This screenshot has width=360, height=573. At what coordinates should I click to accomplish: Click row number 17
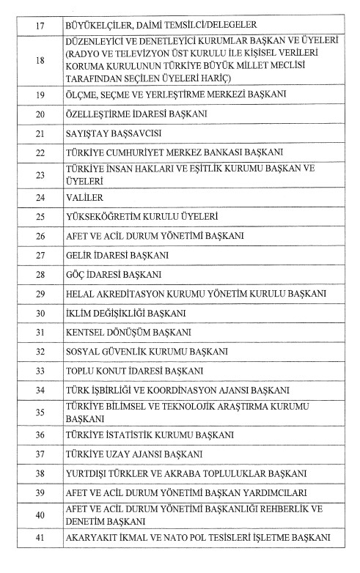pyautogui.click(x=40, y=26)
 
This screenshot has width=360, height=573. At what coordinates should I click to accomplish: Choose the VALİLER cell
pyautogui.click(x=83, y=197)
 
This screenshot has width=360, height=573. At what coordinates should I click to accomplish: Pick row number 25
pyautogui.click(x=40, y=217)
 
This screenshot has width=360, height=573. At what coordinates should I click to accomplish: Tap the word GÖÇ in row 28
pyautogui.click(x=77, y=275)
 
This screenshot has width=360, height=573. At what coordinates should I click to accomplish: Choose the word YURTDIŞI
pyautogui.click(x=92, y=473)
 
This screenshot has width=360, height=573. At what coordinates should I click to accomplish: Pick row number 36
pyautogui.click(x=40, y=435)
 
